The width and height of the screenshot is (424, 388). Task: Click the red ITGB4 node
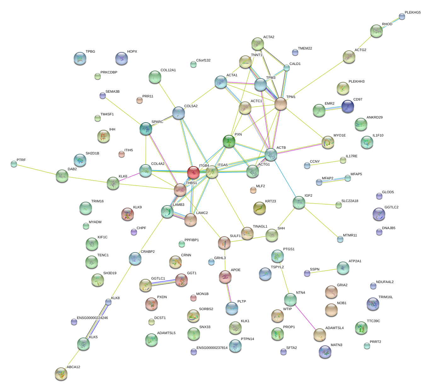[x=193, y=172]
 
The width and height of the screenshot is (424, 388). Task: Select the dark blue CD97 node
[x=347, y=106]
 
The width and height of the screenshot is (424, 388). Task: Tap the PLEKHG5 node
[x=402, y=16]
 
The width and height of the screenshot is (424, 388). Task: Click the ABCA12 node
[x=61, y=374]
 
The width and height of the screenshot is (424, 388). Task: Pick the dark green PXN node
[x=229, y=141]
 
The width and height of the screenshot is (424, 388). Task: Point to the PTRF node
[x=14, y=164]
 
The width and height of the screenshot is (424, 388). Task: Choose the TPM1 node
[x=280, y=104]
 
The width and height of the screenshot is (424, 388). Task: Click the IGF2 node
[x=299, y=202]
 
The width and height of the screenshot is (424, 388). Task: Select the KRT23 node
[x=259, y=208]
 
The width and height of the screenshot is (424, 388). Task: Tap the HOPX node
[x=122, y=58]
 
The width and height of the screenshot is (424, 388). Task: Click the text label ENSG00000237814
[x=212, y=348]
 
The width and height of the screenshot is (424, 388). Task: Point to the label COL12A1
[x=168, y=70]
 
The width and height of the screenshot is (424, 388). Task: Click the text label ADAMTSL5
[x=166, y=333]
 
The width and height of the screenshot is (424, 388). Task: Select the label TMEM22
[x=305, y=49]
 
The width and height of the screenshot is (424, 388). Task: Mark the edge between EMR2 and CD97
[x=333, y=108]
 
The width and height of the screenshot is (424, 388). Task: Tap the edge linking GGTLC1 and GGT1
[x=163, y=282]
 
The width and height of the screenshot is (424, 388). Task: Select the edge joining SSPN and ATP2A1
[x=324, y=271]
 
